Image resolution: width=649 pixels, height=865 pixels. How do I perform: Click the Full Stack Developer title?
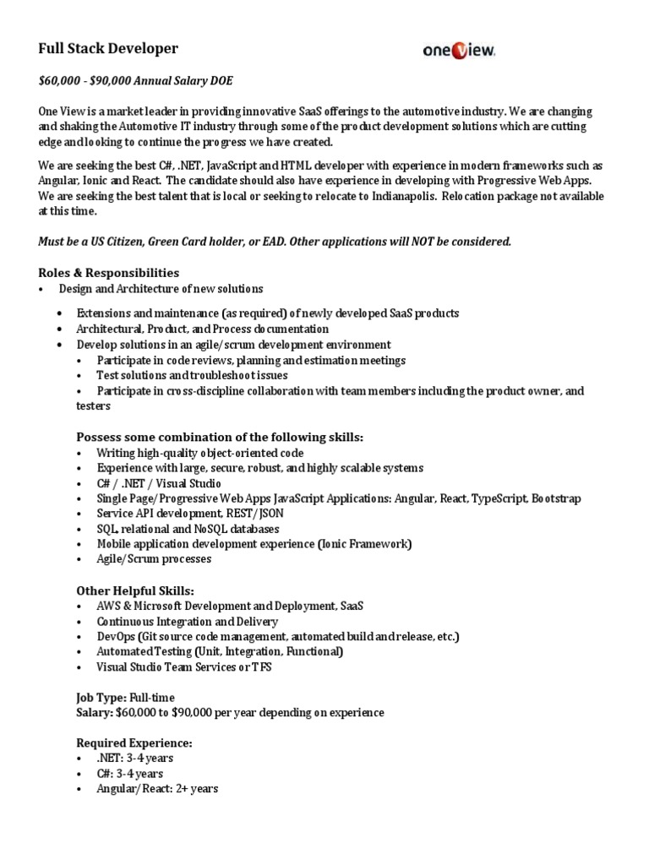point(108,49)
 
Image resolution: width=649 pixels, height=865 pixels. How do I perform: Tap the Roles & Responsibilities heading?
point(108,273)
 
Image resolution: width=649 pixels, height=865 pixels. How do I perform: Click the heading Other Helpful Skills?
point(135,591)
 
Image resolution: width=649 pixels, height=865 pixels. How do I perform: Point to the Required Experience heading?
point(134,743)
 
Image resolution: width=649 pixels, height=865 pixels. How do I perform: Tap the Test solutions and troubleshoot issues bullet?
point(192,375)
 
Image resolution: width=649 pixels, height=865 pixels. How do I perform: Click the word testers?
point(93,405)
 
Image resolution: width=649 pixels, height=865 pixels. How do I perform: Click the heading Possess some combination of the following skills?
point(220,437)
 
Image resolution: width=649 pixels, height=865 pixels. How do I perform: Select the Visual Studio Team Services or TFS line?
point(184,666)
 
